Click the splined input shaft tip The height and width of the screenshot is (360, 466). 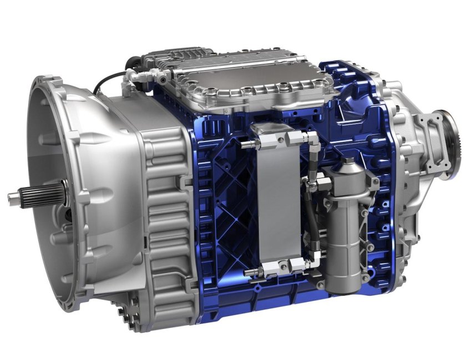pyautogui.click(x=17, y=196)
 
